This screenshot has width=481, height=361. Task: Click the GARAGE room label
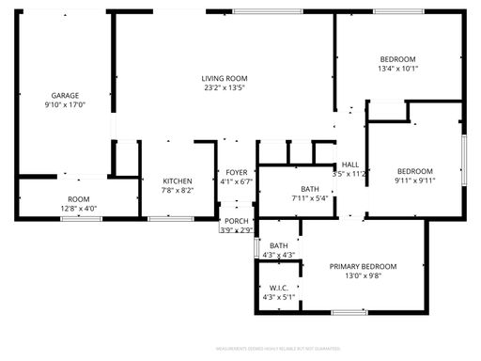click(65, 96)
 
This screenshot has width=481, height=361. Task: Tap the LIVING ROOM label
click(225, 78)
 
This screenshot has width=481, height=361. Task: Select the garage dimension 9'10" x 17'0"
click(65, 106)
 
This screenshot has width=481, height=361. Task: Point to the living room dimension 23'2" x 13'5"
click(225, 88)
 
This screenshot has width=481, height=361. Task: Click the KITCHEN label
click(178, 180)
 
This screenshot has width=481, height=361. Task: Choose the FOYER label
click(236, 172)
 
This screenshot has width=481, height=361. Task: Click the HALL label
click(350, 164)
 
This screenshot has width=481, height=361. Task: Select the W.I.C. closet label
click(278, 288)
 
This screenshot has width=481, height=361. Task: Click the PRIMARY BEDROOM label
click(363, 267)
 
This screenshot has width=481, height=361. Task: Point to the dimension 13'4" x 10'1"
click(398, 68)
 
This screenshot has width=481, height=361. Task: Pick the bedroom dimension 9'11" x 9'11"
click(414, 180)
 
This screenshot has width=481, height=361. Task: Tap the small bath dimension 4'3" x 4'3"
click(279, 255)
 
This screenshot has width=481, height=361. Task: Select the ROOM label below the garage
click(78, 198)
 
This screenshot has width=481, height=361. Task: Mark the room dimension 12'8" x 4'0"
click(78, 208)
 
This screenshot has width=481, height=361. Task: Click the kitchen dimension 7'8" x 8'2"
click(178, 190)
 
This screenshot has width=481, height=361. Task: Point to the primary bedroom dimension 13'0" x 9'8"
click(363, 277)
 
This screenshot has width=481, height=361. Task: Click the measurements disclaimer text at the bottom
click(240, 348)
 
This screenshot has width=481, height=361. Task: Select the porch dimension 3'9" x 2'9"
click(236, 229)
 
